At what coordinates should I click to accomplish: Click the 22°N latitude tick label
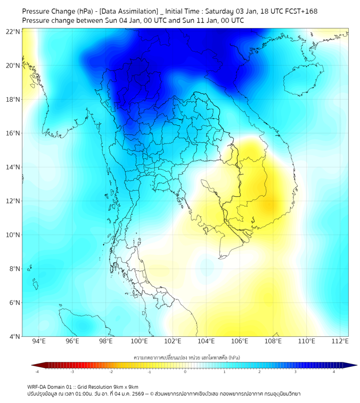[13, 31]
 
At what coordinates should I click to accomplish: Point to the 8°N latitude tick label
[14, 269]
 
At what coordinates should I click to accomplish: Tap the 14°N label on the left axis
[13, 167]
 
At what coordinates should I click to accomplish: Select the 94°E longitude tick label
[39, 341]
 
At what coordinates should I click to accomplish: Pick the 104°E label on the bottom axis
[206, 341]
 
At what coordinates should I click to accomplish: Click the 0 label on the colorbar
[185, 372]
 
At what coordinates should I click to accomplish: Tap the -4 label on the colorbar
[37, 372]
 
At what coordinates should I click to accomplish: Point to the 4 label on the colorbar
[334, 372]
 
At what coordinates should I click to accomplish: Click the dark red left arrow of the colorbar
[34, 365]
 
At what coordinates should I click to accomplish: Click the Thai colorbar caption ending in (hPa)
[185, 356]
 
